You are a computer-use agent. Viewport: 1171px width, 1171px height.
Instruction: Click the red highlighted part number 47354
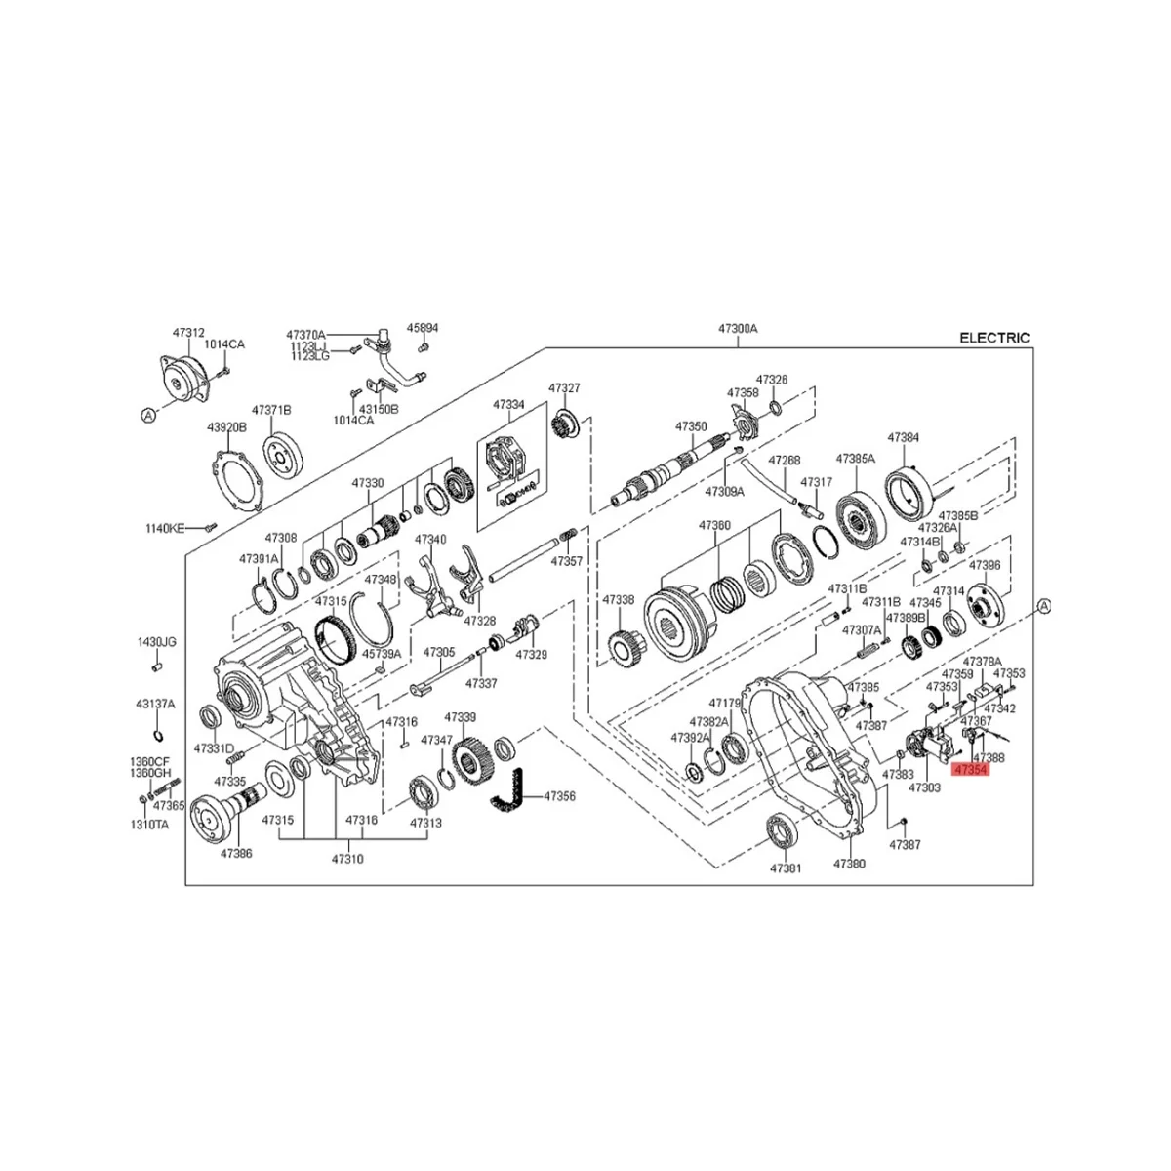(971, 769)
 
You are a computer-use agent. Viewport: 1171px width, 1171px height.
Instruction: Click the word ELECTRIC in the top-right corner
(993, 338)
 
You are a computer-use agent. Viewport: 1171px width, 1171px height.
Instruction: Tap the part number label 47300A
(738, 329)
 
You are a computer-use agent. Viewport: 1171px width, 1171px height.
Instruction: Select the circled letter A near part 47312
(148, 416)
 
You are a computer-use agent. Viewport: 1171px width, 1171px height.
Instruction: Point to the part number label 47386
(235, 853)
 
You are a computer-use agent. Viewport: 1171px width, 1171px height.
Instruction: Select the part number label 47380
(849, 864)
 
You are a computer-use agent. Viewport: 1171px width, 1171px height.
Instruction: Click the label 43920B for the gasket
(225, 427)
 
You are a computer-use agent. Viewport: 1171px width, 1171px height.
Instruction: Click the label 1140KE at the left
(164, 528)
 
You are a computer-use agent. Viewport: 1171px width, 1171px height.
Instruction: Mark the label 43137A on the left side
(155, 704)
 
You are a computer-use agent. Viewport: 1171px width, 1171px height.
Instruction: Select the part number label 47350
(691, 426)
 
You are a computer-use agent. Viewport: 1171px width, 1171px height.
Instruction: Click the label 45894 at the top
(422, 328)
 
